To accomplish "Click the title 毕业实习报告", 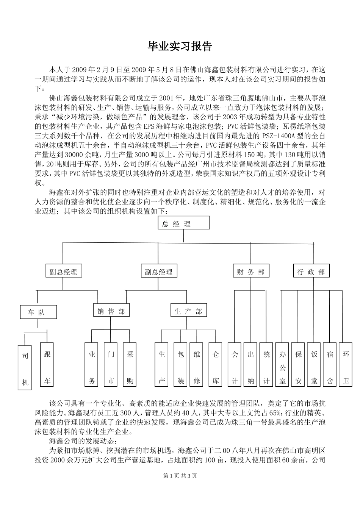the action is click(x=180, y=47).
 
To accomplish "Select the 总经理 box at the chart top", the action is click(x=183, y=223).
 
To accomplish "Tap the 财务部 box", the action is click(x=250, y=272).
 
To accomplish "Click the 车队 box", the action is click(x=38, y=312).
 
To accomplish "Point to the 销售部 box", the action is click(x=111, y=311).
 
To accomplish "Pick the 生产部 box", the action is click(x=188, y=311).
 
